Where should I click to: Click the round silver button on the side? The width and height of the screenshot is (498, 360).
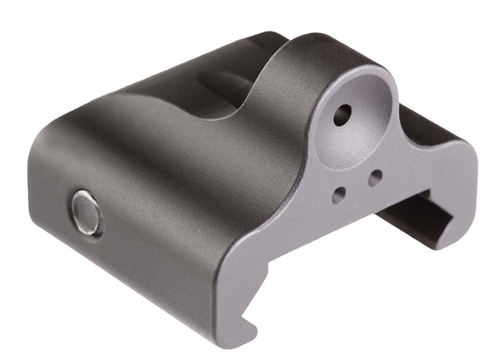(x=85, y=213)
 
